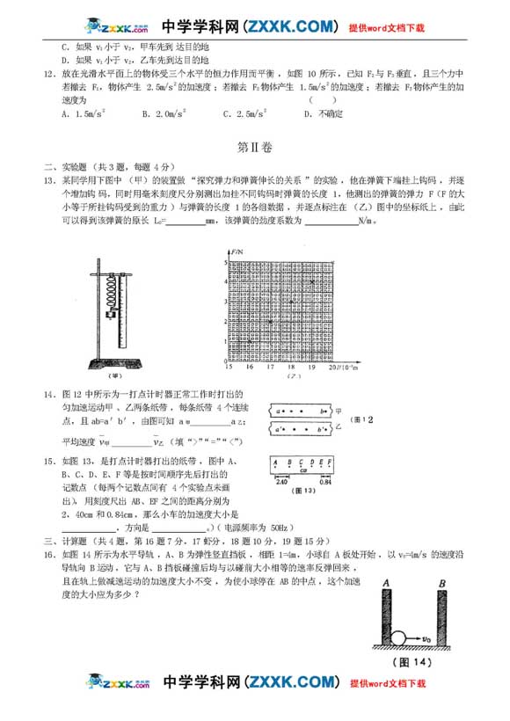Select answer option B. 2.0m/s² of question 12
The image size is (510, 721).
pyautogui.click(x=163, y=114)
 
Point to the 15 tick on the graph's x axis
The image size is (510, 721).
pyautogui.click(x=228, y=367)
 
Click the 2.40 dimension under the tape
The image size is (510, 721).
pyautogui.click(x=281, y=482)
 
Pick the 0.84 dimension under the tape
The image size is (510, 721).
pyautogui.click(x=325, y=482)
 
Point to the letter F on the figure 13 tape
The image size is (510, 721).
pyautogui.click(x=330, y=461)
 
